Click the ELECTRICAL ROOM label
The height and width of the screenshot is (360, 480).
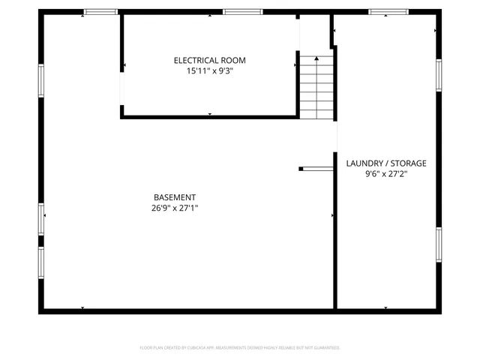[x=209, y=60]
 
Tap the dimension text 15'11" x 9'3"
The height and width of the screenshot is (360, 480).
[x=209, y=71]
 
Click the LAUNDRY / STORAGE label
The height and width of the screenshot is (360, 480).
[x=385, y=163]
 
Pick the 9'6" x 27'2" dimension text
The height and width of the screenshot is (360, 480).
[x=385, y=174]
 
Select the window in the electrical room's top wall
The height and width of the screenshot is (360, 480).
[x=242, y=12]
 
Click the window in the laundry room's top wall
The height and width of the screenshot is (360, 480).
[x=388, y=12]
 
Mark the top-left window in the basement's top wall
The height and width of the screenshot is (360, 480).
[x=100, y=12]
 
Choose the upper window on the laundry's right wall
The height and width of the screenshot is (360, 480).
[x=439, y=75]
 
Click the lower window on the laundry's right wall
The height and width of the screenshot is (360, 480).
[x=439, y=244]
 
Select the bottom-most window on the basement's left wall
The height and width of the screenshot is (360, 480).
[x=41, y=262]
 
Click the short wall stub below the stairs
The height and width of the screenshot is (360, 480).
[x=316, y=169]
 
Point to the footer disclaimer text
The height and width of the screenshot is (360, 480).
[x=240, y=348]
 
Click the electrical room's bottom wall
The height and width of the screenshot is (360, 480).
[x=209, y=117]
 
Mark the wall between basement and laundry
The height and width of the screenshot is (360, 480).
[x=334, y=240]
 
